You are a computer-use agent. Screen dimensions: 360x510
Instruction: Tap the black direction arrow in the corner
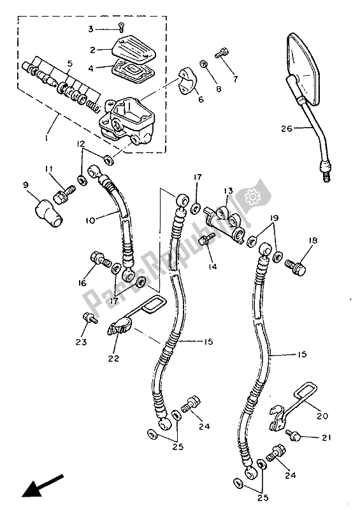pos(42,486)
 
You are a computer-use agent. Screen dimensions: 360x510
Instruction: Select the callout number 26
pos(287,129)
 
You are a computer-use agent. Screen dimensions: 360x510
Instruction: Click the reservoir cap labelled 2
pos(134,48)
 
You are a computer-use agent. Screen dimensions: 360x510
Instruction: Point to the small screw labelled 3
pos(122,27)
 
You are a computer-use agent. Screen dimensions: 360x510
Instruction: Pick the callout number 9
pos(25,185)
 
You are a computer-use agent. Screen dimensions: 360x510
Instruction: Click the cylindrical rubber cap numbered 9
pos(48,212)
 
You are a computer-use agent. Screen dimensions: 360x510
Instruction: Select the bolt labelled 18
pos(295,266)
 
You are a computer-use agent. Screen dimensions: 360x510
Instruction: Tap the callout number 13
pos(229,191)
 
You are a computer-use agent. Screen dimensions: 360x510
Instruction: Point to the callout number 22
pos(113,358)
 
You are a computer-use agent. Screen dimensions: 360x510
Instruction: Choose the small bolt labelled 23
pos(90,317)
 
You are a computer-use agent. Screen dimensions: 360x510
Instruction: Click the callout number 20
pos(322,416)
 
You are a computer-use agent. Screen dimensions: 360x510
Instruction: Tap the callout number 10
pos(90,220)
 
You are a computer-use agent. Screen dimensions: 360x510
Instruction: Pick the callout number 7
pos(235,78)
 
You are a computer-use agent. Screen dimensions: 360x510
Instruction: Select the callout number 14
pos(213,266)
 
